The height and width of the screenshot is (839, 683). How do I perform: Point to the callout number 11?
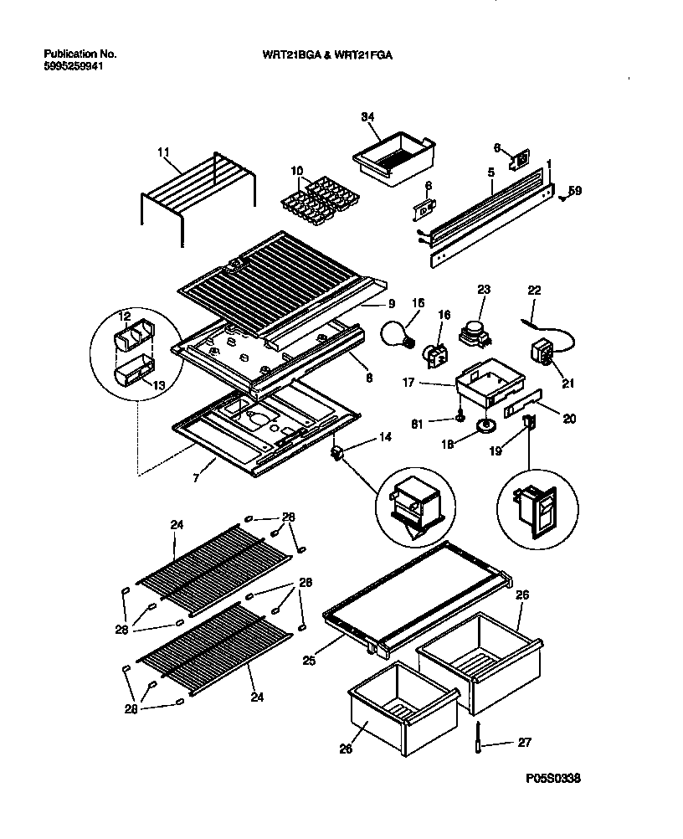(x=163, y=152)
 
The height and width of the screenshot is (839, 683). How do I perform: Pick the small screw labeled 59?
(x=565, y=196)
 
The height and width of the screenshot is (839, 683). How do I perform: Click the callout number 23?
(x=483, y=291)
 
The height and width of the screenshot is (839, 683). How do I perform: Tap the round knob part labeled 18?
(x=483, y=428)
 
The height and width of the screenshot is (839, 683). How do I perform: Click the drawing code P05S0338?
(x=553, y=778)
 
